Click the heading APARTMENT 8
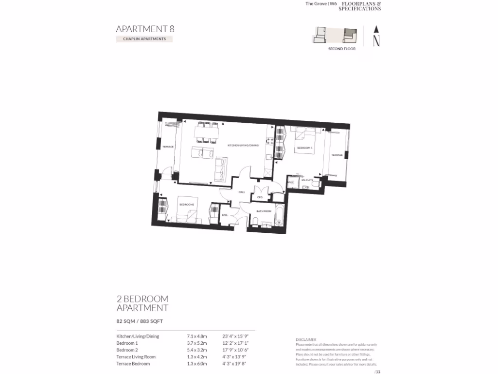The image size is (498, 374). pyautogui.click(x=145, y=29)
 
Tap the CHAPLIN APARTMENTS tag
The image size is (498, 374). pyautogui.click(x=144, y=39)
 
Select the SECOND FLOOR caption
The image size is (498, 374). pyautogui.click(x=342, y=49)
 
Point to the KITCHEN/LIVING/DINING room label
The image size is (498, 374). pyautogui.click(x=243, y=146)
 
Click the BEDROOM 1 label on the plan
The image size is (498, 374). pyautogui.click(x=305, y=147)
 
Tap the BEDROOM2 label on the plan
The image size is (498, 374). pyautogui.click(x=187, y=205)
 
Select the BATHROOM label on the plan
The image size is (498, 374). pyautogui.click(x=264, y=211)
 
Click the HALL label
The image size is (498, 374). pyautogui.click(x=242, y=192)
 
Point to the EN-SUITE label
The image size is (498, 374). pyautogui.click(x=306, y=180)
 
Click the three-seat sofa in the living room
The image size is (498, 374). pyautogui.click(x=221, y=168)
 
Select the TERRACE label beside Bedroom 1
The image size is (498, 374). pyautogui.click(x=337, y=155)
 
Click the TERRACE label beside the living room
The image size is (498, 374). pyautogui.click(x=168, y=147)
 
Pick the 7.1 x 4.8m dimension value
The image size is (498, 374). pyautogui.click(x=197, y=336)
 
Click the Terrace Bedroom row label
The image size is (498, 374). pyautogui.click(x=133, y=364)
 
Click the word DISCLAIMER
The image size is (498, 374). pyautogui.click(x=306, y=339)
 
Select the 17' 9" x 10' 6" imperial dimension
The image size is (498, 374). pyautogui.click(x=236, y=350)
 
